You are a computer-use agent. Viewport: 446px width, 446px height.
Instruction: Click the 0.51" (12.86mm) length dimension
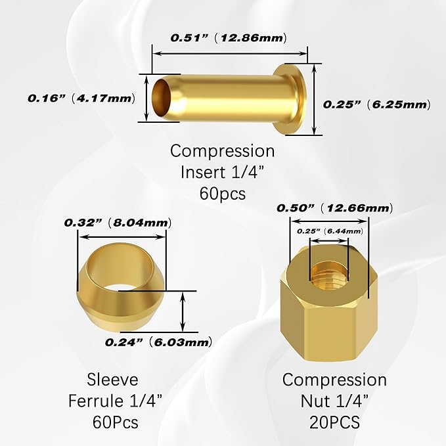pyautogui.click(x=229, y=38)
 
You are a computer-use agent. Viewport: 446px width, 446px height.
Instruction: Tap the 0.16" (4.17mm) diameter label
pyautogui.click(x=81, y=99)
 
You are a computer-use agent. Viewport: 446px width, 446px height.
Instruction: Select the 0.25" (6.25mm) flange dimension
pyautogui.click(x=376, y=104)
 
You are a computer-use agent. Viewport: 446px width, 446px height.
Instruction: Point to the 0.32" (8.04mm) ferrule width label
pyautogui.click(x=115, y=223)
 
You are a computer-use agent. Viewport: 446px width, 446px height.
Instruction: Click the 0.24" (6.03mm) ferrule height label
pyautogui.click(x=158, y=342)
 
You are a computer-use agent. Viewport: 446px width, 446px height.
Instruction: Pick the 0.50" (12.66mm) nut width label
pyautogui.click(x=334, y=208)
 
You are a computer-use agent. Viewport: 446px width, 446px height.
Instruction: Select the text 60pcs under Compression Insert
pyautogui.click(x=222, y=194)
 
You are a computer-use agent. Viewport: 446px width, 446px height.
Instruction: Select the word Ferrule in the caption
pyautogui.click(x=94, y=400)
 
